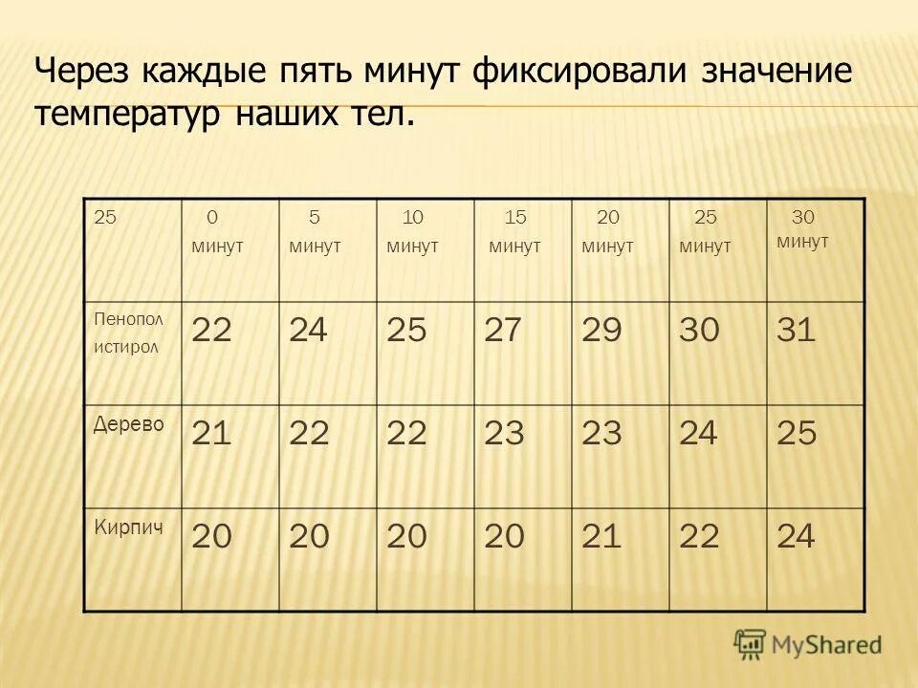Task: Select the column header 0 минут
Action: [x=217, y=232]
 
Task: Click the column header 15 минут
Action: [x=514, y=232]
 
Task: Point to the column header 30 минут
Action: [x=802, y=230]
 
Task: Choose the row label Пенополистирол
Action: [x=128, y=332]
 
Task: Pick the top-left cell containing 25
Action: [x=105, y=218]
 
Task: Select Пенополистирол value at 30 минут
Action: [x=796, y=331]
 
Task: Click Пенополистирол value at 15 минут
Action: [x=505, y=331]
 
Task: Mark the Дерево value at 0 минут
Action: [x=212, y=434]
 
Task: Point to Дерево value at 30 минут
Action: [x=797, y=434]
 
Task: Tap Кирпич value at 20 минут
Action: [x=601, y=537]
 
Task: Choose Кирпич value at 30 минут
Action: [x=796, y=537]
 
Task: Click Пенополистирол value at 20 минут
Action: [x=601, y=331]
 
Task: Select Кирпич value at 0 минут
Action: [x=212, y=537]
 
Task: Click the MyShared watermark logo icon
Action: [x=750, y=644]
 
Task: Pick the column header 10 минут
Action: [x=412, y=232]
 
